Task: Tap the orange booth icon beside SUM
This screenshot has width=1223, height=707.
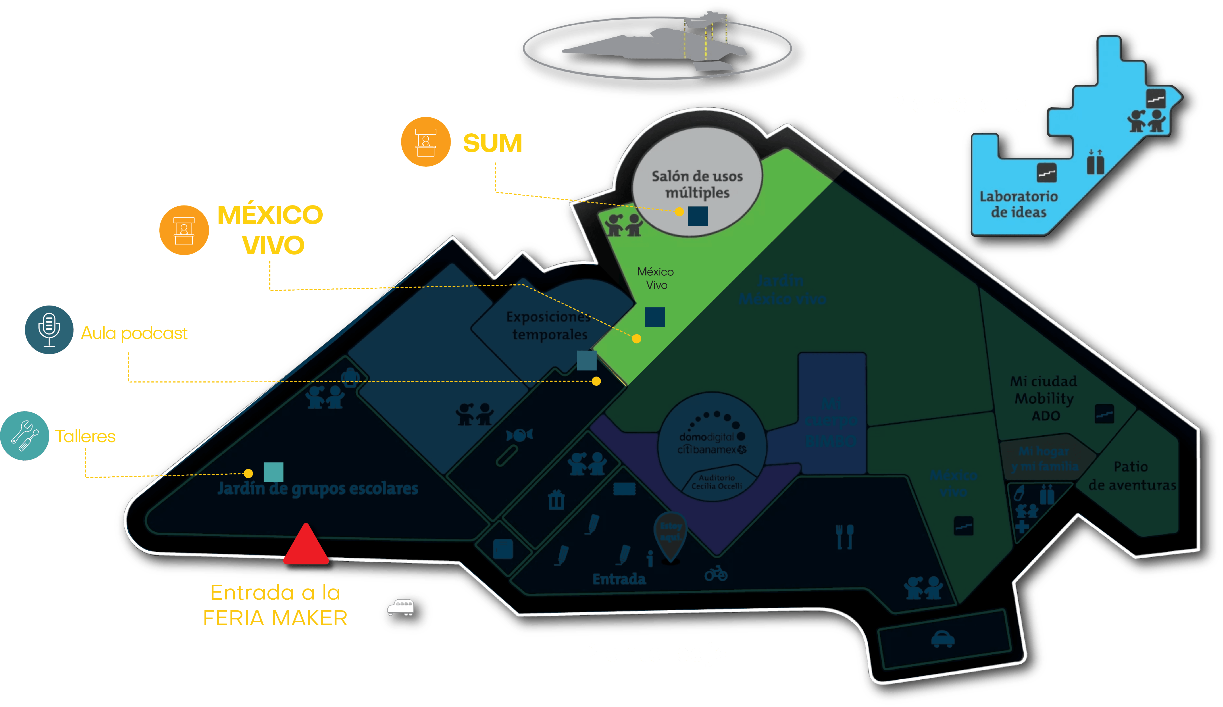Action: (426, 142)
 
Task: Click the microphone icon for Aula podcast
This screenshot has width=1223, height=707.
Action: (49, 330)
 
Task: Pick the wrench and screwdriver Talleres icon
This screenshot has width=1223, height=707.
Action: (25, 436)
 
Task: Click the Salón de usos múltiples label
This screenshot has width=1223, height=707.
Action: (697, 184)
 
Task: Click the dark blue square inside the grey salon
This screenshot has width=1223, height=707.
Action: (698, 216)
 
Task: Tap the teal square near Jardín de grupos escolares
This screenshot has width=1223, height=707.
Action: (273, 472)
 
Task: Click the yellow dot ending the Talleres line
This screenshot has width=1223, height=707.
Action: (248, 473)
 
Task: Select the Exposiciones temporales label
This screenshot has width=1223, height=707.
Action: (549, 325)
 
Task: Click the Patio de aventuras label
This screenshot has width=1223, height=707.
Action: (1131, 476)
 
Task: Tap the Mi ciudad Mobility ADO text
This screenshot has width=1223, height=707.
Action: (1044, 398)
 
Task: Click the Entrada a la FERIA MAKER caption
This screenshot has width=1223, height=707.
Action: (275, 605)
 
